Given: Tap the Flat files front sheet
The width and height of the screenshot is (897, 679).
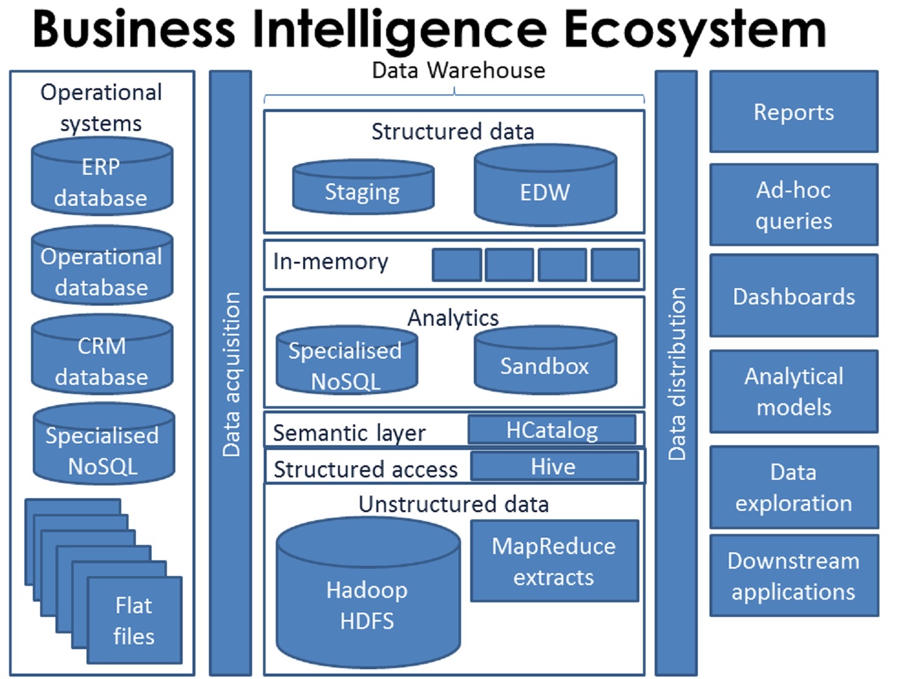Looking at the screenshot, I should click(135, 620).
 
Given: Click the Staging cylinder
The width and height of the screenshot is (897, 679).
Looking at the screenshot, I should click(363, 189).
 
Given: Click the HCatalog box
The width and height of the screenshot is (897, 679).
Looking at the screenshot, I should click(552, 430).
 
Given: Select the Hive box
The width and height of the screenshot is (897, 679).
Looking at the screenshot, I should click(554, 466).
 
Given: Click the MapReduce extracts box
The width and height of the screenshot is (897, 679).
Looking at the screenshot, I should click(554, 561).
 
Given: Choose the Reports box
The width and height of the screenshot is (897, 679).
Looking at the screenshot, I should click(793, 112).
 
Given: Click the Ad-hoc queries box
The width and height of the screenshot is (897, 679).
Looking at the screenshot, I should click(793, 205).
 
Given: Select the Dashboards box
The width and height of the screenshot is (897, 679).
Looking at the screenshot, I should click(793, 296).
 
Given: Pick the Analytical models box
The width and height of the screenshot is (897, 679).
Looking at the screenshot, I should click(793, 392).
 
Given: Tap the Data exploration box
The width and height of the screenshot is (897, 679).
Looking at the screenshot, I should click(793, 487).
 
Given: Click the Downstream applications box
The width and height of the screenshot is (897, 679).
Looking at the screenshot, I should click(793, 576).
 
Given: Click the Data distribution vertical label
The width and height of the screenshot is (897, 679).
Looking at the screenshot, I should click(677, 373).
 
